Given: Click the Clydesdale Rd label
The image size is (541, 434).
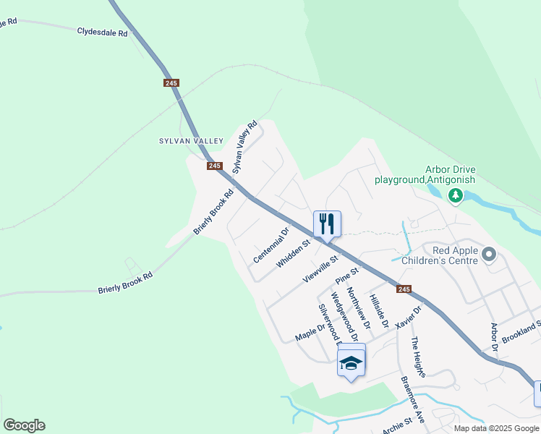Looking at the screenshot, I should [x=102, y=32].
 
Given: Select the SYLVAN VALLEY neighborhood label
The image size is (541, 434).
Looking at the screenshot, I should [x=184, y=141].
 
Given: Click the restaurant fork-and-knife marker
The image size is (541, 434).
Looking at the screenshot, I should [x=327, y=224].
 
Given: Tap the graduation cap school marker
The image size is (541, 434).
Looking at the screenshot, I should [x=351, y=361].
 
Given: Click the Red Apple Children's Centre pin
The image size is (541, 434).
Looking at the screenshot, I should [x=490, y=255].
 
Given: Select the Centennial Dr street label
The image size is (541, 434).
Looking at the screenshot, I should [x=271, y=245].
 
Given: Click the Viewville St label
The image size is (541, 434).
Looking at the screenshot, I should [x=321, y=268].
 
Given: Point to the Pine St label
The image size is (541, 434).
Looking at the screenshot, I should [x=347, y=276].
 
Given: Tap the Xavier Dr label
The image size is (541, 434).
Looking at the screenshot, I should [x=409, y=316].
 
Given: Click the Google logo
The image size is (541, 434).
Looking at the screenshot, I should [x=24, y=425].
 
